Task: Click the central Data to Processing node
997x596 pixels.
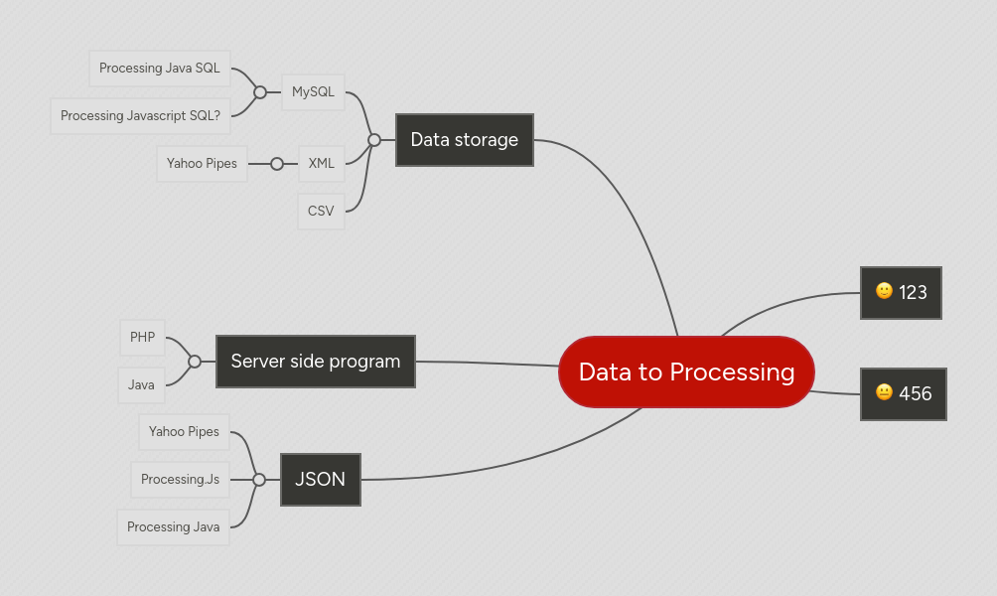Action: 686,372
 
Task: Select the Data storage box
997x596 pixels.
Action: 464,140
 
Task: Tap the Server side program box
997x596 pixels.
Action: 315,362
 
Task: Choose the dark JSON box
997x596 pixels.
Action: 320,480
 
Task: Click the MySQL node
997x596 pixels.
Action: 313,92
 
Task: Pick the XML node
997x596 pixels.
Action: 321,164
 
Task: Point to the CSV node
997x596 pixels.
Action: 321,212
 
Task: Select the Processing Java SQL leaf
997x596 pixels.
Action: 160,69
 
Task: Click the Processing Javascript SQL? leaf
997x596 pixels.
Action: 140,116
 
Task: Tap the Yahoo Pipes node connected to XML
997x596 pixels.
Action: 202,164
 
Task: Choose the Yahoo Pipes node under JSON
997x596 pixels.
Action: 184,432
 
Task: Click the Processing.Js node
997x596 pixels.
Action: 180,480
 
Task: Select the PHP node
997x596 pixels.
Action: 142,338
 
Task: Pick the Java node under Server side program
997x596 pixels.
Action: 141,385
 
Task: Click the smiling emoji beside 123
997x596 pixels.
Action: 884,291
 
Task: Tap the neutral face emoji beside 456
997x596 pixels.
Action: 884,392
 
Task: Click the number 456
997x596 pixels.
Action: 916,394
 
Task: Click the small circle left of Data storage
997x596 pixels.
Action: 374,140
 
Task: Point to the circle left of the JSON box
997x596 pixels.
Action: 259,480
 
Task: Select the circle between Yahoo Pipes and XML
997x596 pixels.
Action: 277,164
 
